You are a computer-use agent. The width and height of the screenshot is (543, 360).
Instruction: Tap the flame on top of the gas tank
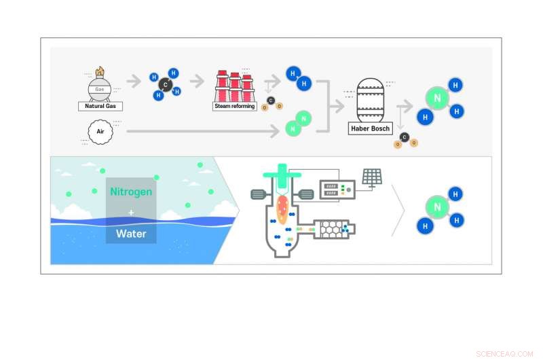(99, 71)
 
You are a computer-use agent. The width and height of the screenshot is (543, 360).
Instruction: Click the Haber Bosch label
(370, 128)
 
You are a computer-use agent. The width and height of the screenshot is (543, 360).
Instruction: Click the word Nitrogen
(131, 192)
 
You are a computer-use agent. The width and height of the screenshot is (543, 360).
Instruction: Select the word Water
(131, 233)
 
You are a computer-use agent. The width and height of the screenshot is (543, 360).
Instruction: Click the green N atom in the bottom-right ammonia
(438, 208)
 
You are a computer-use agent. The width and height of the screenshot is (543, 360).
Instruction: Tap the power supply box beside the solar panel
(337, 189)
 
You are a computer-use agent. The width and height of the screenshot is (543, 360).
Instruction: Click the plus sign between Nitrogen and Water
(131, 213)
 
